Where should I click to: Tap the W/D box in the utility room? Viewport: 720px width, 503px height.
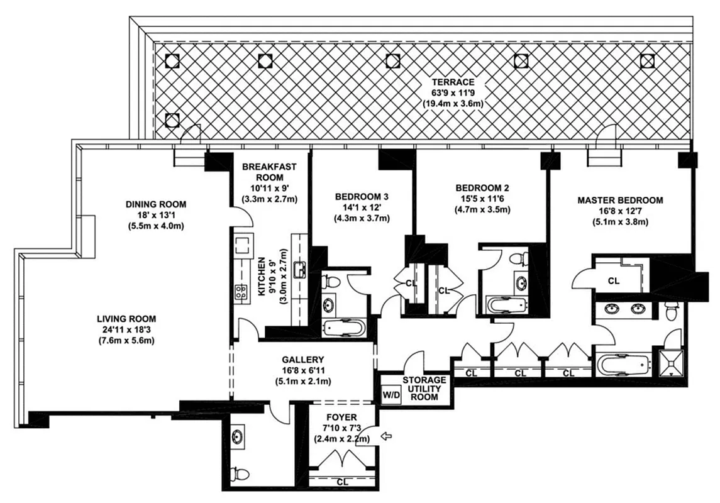[x=390, y=395]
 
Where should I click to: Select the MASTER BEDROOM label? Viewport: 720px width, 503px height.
[x=620, y=201]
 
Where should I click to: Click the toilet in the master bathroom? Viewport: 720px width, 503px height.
[x=672, y=311]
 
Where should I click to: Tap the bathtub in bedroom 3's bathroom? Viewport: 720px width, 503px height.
[x=343, y=328]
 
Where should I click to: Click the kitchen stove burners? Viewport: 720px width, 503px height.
[x=241, y=291]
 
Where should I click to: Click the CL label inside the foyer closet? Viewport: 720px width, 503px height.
[x=343, y=483]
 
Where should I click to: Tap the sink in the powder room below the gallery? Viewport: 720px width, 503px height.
[x=238, y=437]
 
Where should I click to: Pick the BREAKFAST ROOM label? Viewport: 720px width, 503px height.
[x=269, y=172]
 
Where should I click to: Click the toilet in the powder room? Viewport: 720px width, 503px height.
[x=240, y=474]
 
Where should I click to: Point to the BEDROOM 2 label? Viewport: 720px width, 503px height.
[x=482, y=187]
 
